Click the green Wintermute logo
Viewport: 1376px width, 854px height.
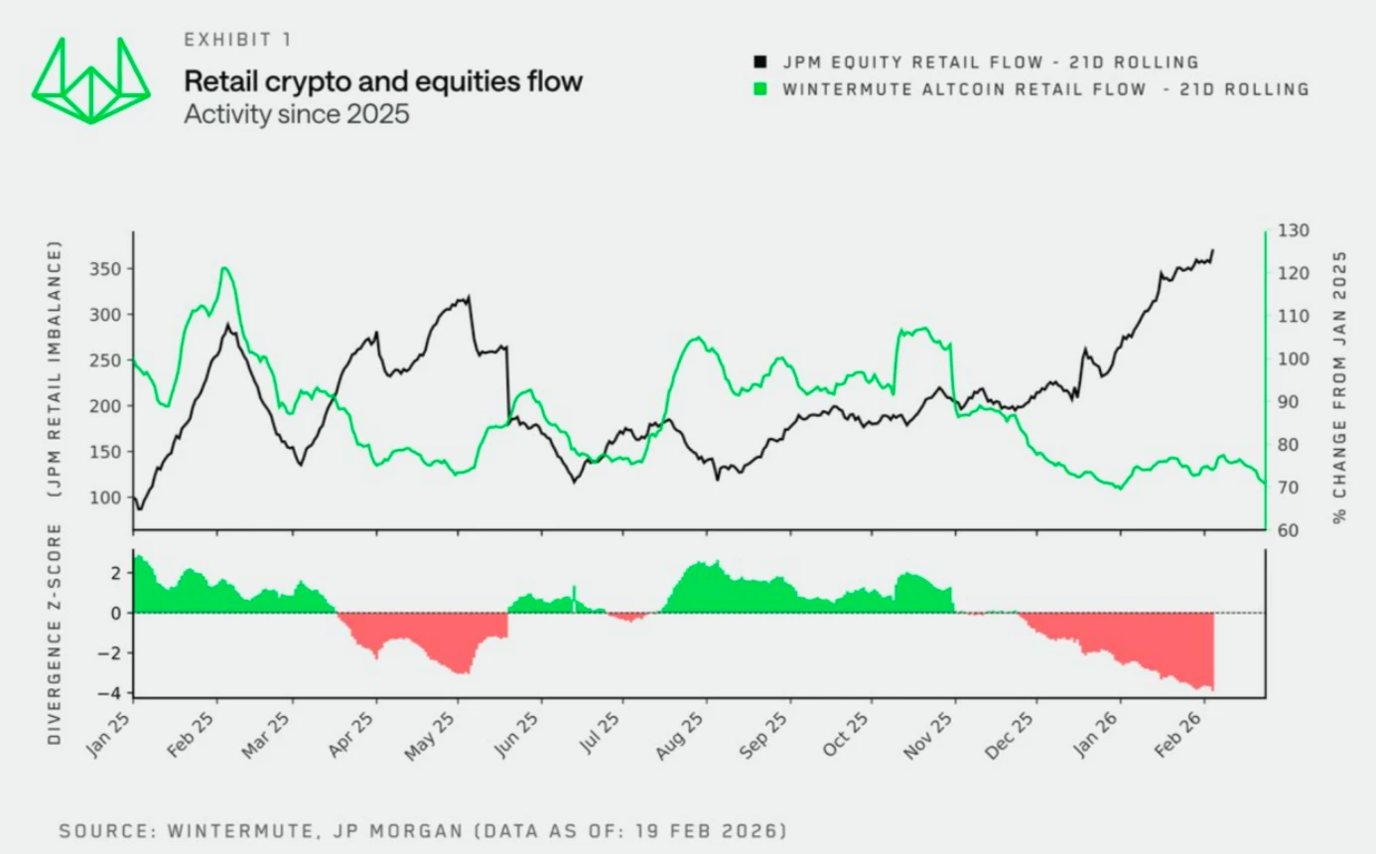[90, 80]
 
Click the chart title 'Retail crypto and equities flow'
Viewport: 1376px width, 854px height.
[383, 81]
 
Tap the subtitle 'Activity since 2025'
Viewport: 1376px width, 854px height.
[296, 113]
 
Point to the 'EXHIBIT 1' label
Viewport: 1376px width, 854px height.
[236, 40]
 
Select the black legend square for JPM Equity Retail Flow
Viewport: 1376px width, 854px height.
[761, 63]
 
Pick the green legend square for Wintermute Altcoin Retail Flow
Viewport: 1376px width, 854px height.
[761, 89]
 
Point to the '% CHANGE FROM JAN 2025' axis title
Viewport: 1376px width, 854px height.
[1340, 386]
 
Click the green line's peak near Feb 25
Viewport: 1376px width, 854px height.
[225, 267]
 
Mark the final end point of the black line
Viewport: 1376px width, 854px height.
[1213, 250]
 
